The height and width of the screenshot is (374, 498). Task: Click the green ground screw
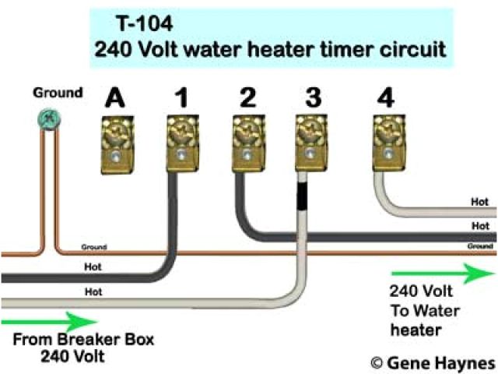coord(48,119)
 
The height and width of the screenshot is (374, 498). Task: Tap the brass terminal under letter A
coord(116,140)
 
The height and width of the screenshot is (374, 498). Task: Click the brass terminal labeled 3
coord(310,140)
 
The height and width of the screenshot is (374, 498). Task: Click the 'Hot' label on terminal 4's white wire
coord(479,202)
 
